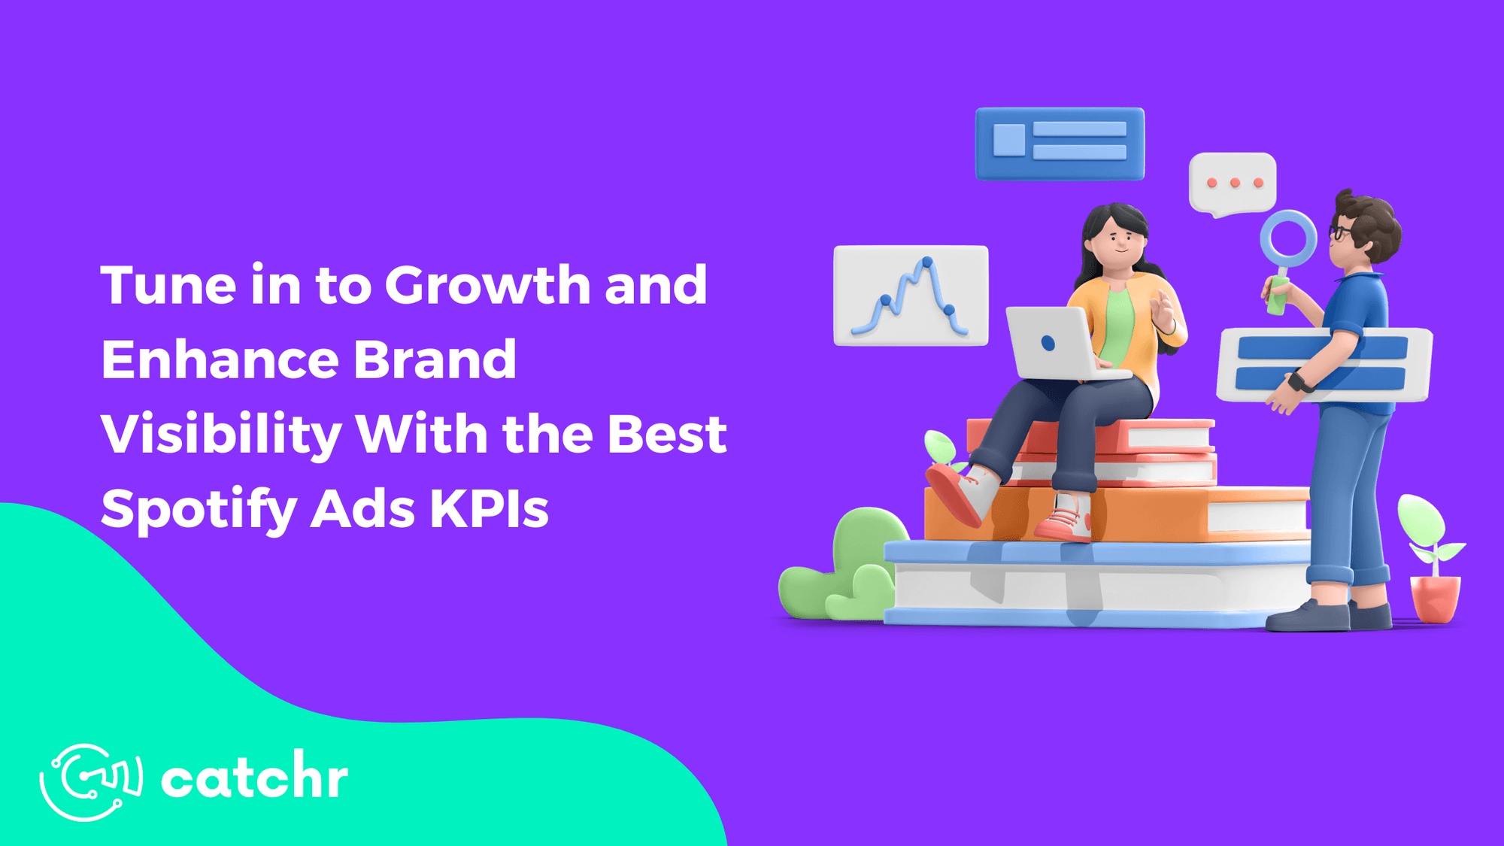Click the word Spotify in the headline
tap(199, 510)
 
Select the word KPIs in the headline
tap(489, 510)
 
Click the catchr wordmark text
tap(254, 778)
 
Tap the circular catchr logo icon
tap(90, 781)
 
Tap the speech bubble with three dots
tap(1233, 183)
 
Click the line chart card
tap(911, 296)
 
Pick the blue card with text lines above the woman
tap(1060, 143)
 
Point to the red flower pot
tap(1435, 598)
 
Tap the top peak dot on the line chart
tap(927, 262)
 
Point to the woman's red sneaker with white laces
tap(1065, 519)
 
